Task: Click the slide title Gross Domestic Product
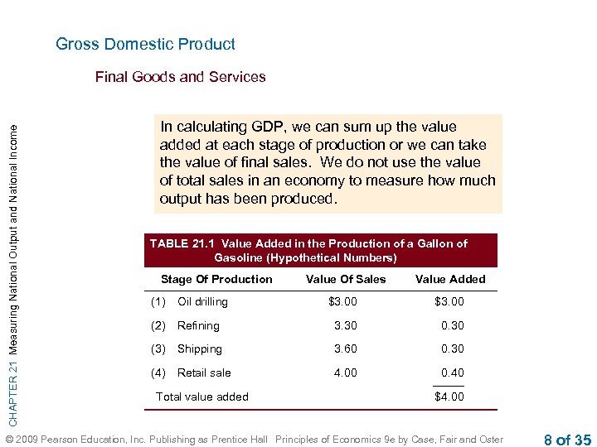tap(145, 45)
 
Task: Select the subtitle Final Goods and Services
tap(180, 77)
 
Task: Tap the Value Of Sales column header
tap(346, 279)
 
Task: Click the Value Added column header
tap(450, 279)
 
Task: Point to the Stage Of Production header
tap(216, 279)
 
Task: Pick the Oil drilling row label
tap(202, 301)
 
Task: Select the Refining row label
tap(198, 325)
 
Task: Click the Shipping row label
tap(200, 348)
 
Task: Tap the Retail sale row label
tap(204, 372)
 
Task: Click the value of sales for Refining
tap(345, 325)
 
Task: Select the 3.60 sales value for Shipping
tap(345, 348)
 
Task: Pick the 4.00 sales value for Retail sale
tap(345, 372)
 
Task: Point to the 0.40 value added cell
tap(452, 372)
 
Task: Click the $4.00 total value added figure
tap(449, 397)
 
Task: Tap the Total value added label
tap(202, 397)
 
